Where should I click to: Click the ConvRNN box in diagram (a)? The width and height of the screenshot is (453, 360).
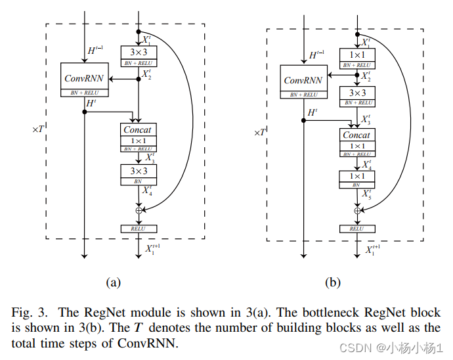tap(84, 78)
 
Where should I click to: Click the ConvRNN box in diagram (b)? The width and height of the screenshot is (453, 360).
tap(303, 80)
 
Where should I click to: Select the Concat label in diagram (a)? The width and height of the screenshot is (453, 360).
tap(138, 129)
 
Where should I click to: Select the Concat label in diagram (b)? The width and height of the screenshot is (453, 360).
tap(356, 134)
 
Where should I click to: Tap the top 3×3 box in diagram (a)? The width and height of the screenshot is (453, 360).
tap(138, 54)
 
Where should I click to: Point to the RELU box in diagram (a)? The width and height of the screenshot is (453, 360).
tap(139, 229)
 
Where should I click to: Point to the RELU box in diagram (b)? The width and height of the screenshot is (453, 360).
tap(356, 229)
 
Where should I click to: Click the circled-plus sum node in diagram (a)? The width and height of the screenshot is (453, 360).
tap(139, 210)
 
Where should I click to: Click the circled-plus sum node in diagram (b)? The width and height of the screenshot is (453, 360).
tap(357, 210)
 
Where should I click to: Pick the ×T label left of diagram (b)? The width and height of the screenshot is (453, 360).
tap(259, 132)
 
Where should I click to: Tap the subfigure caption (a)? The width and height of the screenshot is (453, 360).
tap(114, 282)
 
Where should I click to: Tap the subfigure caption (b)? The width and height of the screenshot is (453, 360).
tap(333, 282)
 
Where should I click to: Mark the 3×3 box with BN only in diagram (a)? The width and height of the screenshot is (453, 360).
tap(138, 173)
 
